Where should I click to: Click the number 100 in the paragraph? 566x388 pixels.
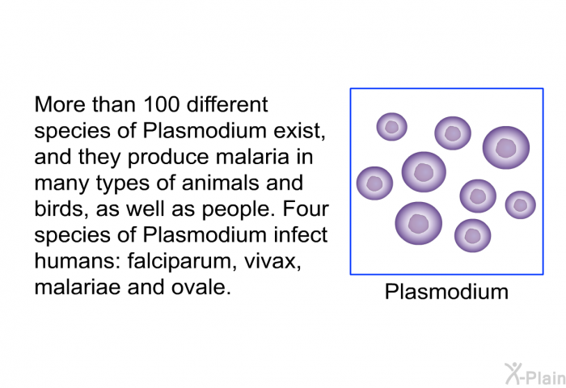click(x=162, y=104)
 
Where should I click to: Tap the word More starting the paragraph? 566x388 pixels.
click(x=61, y=104)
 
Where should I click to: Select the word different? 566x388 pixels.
click(x=227, y=104)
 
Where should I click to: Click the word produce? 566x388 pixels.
click(x=168, y=158)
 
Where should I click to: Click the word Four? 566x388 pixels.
click(x=306, y=209)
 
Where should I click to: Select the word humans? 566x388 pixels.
click(x=77, y=261)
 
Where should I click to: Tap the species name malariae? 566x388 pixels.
click(x=78, y=287)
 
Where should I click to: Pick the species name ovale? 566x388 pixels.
click(x=201, y=287)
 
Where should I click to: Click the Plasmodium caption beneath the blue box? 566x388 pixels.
click(x=446, y=292)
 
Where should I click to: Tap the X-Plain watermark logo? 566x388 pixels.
click(x=535, y=373)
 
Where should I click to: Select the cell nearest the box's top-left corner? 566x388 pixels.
click(x=391, y=127)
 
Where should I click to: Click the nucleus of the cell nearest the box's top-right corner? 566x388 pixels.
click(x=505, y=148)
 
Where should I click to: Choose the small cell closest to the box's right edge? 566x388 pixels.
click(x=520, y=205)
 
